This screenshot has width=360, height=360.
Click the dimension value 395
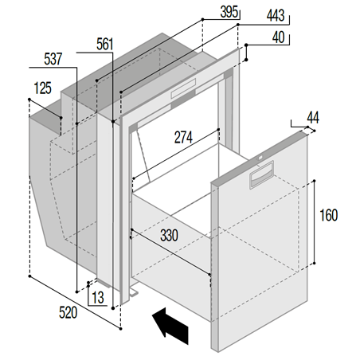[x=229, y=12]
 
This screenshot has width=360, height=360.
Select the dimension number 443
[x=276, y=16]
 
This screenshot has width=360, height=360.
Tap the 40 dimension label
[x=279, y=37]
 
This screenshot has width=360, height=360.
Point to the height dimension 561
[x=105, y=44]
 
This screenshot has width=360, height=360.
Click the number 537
[x=53, y=59]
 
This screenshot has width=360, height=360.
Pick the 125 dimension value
[x=43, y=88]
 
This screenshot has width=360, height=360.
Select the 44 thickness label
[x=313, y=118]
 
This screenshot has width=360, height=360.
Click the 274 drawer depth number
[x=183, y=138]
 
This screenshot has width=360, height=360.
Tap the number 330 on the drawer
[x=169, y=235]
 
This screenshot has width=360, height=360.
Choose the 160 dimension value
[x=329, y=215]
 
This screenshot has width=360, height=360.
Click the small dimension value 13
[x=98, y=298]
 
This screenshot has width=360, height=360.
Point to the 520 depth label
[x=68, y=312]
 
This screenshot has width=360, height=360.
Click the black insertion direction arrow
[x=170, y=326]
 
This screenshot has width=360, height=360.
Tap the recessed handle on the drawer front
[x=262, y=175]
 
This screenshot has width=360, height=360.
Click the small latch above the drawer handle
[x=260, y=158]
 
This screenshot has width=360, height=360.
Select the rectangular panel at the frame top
[x=183, y=88]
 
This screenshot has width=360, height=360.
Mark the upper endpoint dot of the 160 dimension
[x=314, y=181]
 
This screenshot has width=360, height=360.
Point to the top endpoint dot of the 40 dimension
[x=246, y=45]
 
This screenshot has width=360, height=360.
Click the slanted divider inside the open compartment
[x=143, y=155]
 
